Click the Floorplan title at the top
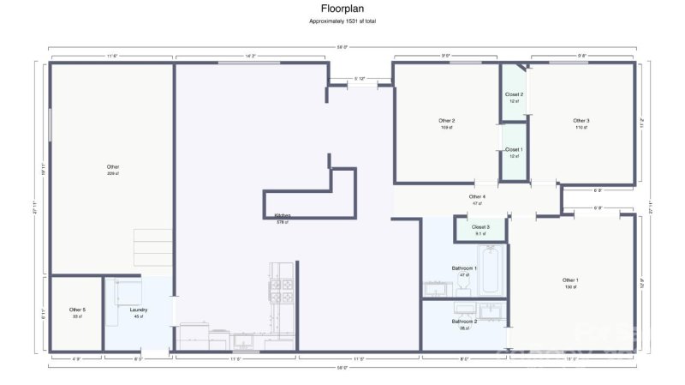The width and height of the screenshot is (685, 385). pyautogui.click(x=342, y=9)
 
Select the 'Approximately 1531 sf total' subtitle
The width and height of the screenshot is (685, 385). pyautogui.click(x=342, y=21)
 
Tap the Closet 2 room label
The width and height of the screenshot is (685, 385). pyautogui.click(x=514, y=94)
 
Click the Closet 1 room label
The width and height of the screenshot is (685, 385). pyautogui.click(x=514, y=149)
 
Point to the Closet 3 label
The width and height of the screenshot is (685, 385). pyautogui.click(x=481, y=227)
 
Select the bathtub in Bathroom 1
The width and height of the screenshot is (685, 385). pyautogui.click(x=494, y=270)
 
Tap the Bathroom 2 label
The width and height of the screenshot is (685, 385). pyautogui.click(x=464, y=322)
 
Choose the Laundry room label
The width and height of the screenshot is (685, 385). pyautogui.click(x=139, y=310)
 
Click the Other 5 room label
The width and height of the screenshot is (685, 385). pyautogui.click(x=77, y=310)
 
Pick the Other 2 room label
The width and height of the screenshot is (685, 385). pyautogui.click(x=446, y=121)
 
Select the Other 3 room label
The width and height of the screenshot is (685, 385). pyautogui.click(x=581, y=121)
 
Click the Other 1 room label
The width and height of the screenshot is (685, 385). pyautogui.click(x=570, y=280)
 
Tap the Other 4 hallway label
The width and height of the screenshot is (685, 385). pyautogui.click(x=477, y=197)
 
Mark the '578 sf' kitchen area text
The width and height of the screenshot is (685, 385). pyautogui.click(x=282, y=222)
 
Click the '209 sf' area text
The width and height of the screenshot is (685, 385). pyautogui.click(x=113, y=173)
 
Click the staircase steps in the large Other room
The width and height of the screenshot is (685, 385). pyautogui.click(x=154, y=249)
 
